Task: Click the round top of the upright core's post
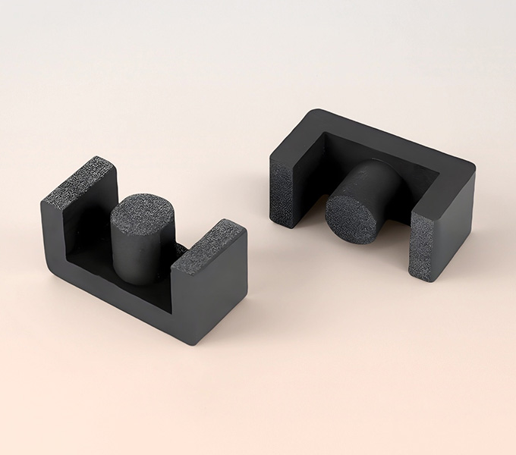142,212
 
